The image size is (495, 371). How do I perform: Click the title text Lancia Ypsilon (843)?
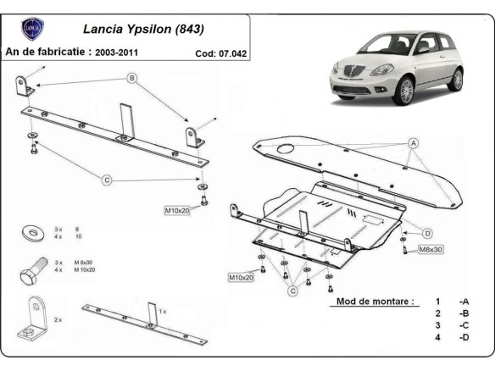(x=145, y=29)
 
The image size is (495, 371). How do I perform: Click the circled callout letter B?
(x=131, y=79)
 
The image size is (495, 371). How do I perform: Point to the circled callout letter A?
(x=413, y=144)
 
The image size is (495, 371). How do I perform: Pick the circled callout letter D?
(x=427, y=233)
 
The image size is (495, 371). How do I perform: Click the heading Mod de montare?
(x=375, y=301)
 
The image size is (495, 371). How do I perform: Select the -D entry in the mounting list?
(x=464, y=339)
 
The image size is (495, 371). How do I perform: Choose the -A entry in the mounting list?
(x=464, y=301)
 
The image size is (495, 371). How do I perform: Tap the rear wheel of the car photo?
(x=456, y=79)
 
